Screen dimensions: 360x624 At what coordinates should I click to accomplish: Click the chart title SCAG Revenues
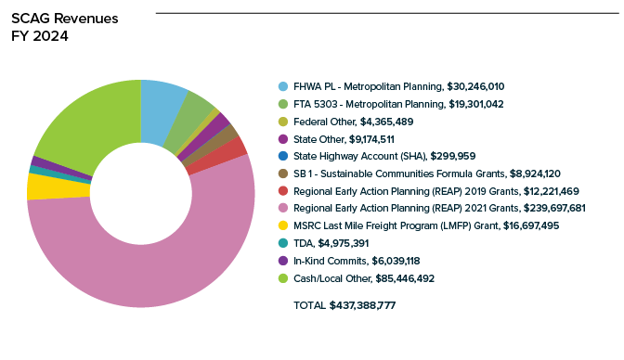point(64,19)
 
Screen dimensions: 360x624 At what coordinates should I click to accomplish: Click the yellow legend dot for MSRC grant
point(283,225)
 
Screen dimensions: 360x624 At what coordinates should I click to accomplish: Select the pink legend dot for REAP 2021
point(283,208)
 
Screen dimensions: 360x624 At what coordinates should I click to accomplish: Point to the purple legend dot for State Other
point(283,139)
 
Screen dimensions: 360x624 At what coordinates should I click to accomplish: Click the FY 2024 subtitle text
point(40,36)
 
